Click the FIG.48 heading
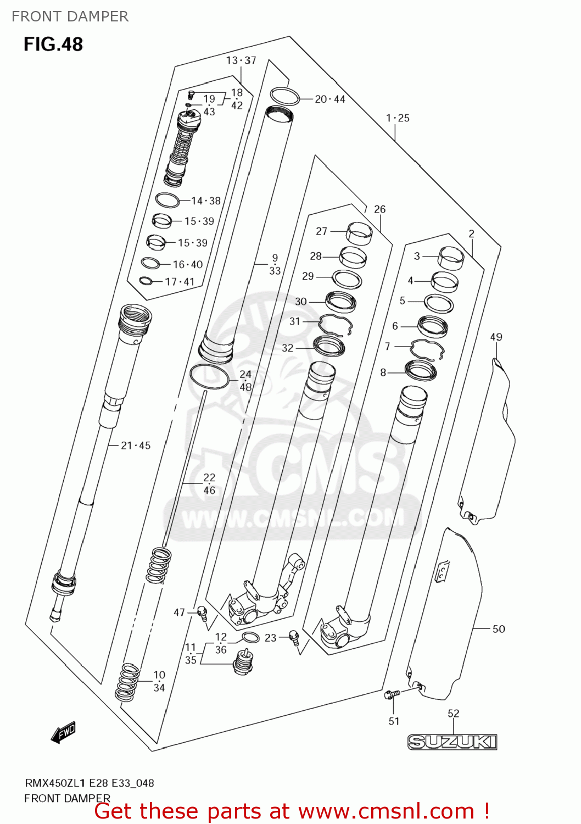click(x=53, y=44)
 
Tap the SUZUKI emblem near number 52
click(x=452, y=742)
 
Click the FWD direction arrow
click(x=63, y=733)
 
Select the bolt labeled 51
click(x=391, y=695)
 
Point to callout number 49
click(x=496, y=337)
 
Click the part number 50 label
click(x=498, y=629)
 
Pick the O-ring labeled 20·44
click(x=284, y=97)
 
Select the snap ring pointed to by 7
click(x=427, y=349)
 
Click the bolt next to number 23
click(x=294, y=638)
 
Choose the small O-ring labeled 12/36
click(x=250, y=638)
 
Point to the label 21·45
click(x=136, y=446)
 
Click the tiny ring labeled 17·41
click(x=146, y=281)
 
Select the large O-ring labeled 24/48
click(x=209, y=376)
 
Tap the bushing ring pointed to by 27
click(x=359, y=232)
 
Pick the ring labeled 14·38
click(x=167, y=200)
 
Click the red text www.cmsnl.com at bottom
click(x=386, y=811)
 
